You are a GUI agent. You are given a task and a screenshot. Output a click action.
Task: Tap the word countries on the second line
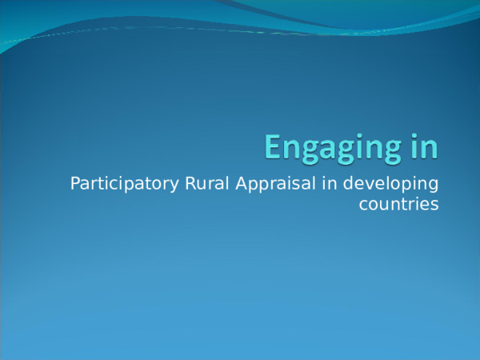click(x=399, y=205)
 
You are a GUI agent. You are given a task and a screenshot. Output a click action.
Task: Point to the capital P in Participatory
click(x=76, y=184)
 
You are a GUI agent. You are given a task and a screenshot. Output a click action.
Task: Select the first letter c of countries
click(x=364, y=206)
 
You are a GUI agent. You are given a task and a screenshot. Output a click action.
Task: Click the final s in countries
click(x=435, y=206)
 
